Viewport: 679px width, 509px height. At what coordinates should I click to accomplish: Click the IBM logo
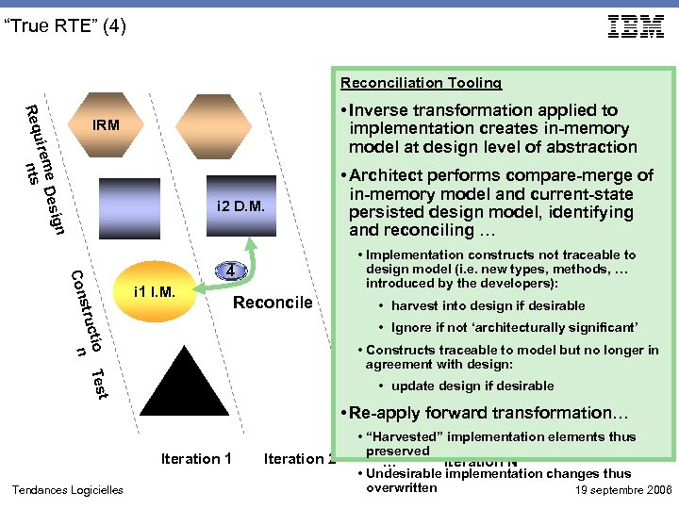[x=636, y=26]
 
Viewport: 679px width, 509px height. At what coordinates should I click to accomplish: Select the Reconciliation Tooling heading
[x=421, y=83]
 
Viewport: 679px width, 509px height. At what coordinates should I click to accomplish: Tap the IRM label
[x=106, y=124]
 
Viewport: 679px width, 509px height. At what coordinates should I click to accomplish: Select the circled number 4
[x=230, y=271]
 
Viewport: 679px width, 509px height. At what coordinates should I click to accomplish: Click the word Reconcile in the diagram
[x=272, y=303]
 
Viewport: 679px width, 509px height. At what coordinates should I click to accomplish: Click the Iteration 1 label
[x=196, y=459]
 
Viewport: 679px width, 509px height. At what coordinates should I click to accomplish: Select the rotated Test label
[x=96, y=383]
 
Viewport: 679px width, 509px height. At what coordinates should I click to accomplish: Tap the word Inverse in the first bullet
[x=392, y=110]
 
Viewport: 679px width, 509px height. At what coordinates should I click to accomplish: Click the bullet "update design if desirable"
[x=472, y=386]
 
